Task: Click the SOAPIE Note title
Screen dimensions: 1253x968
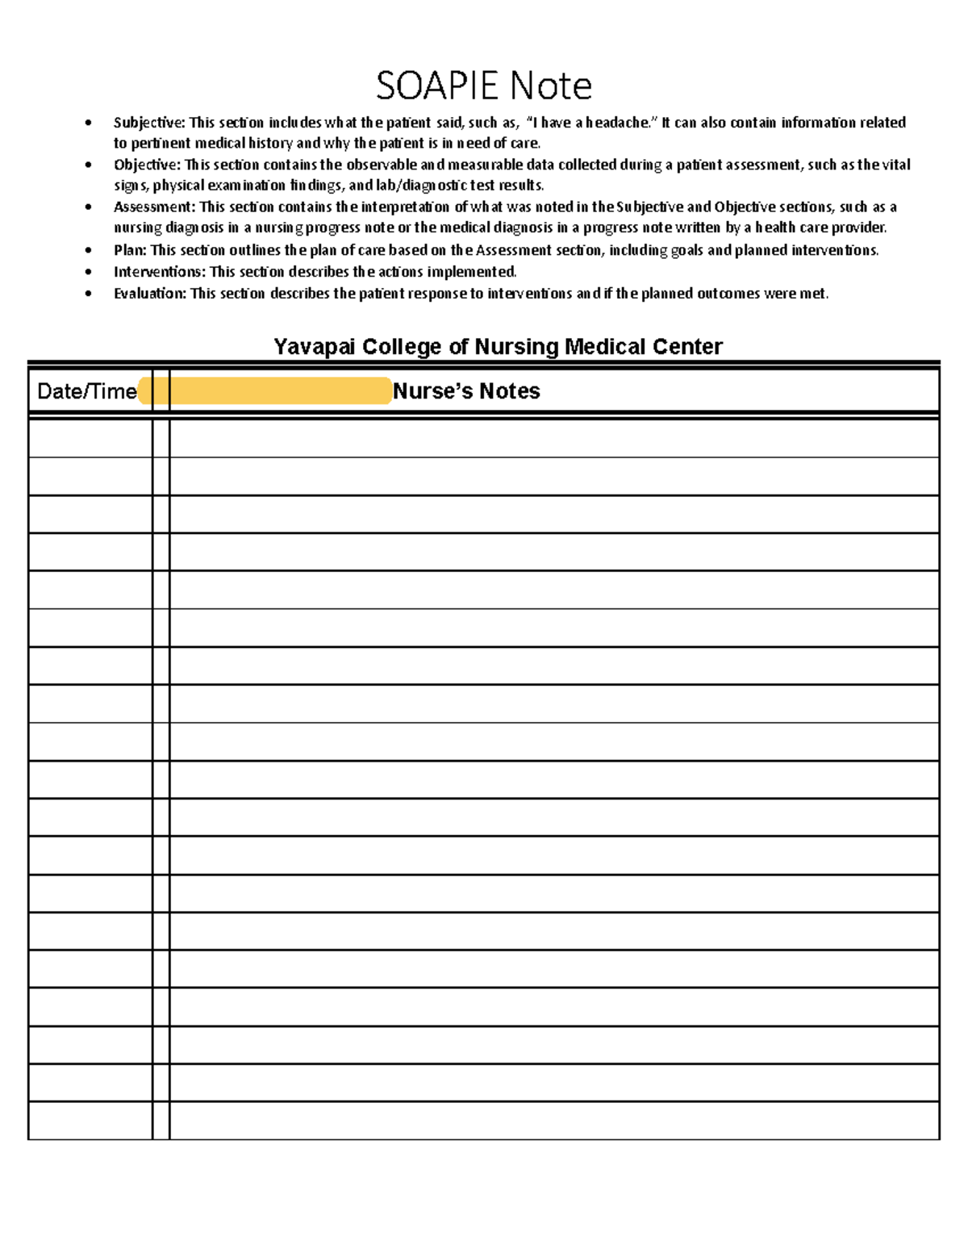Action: [484, 86]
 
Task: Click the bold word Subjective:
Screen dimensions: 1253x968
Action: [149, 123]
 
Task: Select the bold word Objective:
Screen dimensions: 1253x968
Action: [147, 165]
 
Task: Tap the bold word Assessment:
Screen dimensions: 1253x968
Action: [154, 207]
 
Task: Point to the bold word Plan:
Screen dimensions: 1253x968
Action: [130, 250]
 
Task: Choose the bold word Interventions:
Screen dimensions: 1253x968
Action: [159, 272]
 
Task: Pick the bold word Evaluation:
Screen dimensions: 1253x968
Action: [150, 294]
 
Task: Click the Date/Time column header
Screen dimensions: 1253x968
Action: [87, 391]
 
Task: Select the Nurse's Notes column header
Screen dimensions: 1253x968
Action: [466, 391]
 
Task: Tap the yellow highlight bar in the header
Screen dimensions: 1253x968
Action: [266, 391]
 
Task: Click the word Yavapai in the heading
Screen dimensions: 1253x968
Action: [314, 347]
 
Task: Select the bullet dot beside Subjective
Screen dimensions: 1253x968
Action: [88, 123]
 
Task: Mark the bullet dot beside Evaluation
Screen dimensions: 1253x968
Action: [88, 294]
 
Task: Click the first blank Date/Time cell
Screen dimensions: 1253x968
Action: [90, 439]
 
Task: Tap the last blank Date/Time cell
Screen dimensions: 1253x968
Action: [90, 1121]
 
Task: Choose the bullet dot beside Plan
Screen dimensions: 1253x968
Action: [88, 250]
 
